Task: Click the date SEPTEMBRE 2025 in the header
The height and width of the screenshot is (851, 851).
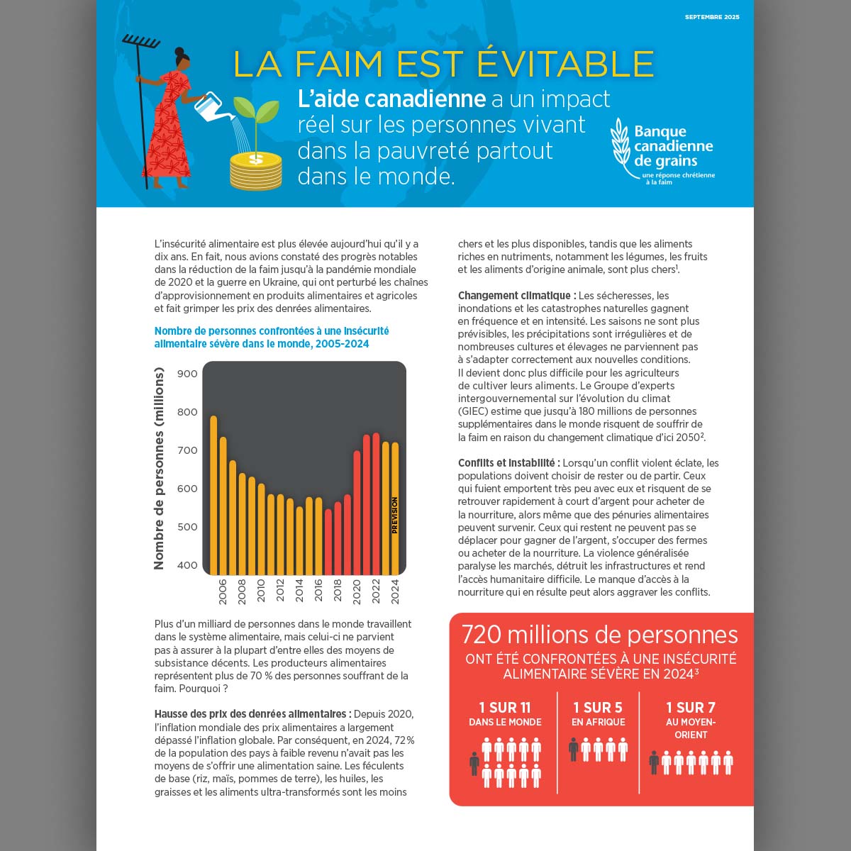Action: pos(712,17)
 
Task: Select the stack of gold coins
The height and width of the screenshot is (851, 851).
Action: pos(256,171)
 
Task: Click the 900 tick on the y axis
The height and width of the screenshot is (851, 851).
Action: pos(187,374)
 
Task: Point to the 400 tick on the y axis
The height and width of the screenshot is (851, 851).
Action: pos(187,565)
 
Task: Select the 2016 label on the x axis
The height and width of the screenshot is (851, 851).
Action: pos(318,591)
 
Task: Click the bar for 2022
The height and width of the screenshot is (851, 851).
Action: pos(376,504)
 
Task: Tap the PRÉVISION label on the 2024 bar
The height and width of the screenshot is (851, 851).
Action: pos(395,516)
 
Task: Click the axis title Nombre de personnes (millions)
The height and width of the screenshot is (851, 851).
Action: pos(159,468)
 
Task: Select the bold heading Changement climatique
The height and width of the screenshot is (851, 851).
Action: pos(514,296)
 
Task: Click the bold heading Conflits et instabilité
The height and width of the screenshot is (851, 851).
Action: pos(508,463)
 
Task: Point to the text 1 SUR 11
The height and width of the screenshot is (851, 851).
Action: pos(505,707)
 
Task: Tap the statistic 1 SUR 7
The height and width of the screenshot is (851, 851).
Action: pos(691,707)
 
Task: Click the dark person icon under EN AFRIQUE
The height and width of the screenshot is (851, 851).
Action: pos(574,749)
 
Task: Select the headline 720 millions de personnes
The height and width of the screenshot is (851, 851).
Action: pos(600,634)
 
